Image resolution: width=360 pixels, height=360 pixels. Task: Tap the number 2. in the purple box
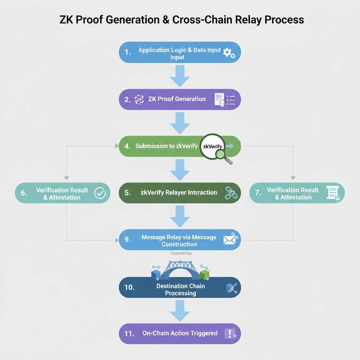128,99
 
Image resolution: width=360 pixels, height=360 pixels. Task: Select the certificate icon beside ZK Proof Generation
220,99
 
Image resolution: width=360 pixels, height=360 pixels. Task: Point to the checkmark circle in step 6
100,193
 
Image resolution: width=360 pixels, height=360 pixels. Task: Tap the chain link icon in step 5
230,193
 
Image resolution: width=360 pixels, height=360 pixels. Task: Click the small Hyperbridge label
181,253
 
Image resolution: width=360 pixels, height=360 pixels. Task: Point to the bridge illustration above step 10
180,269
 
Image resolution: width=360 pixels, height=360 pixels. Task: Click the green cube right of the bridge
205,274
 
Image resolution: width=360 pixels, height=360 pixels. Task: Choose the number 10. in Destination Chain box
129,288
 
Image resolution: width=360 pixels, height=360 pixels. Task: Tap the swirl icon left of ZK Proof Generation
140,99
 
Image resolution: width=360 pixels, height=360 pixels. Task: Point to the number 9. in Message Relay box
128,240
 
